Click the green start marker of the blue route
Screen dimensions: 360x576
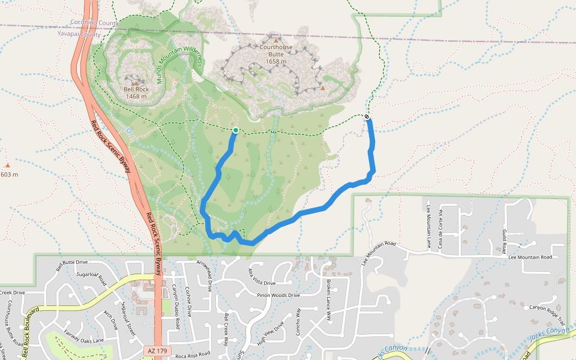tap(236, 130)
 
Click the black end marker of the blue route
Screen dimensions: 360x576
tap(367, 116)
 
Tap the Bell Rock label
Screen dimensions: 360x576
tap(136, 89)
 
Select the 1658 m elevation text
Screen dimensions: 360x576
tap(276, 61)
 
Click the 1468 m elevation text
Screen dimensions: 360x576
tap(136, 96)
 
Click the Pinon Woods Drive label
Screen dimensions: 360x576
tap(277, 295)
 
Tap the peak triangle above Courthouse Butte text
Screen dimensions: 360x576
tap(276, 41)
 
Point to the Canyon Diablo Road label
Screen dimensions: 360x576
tap(177, 306)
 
